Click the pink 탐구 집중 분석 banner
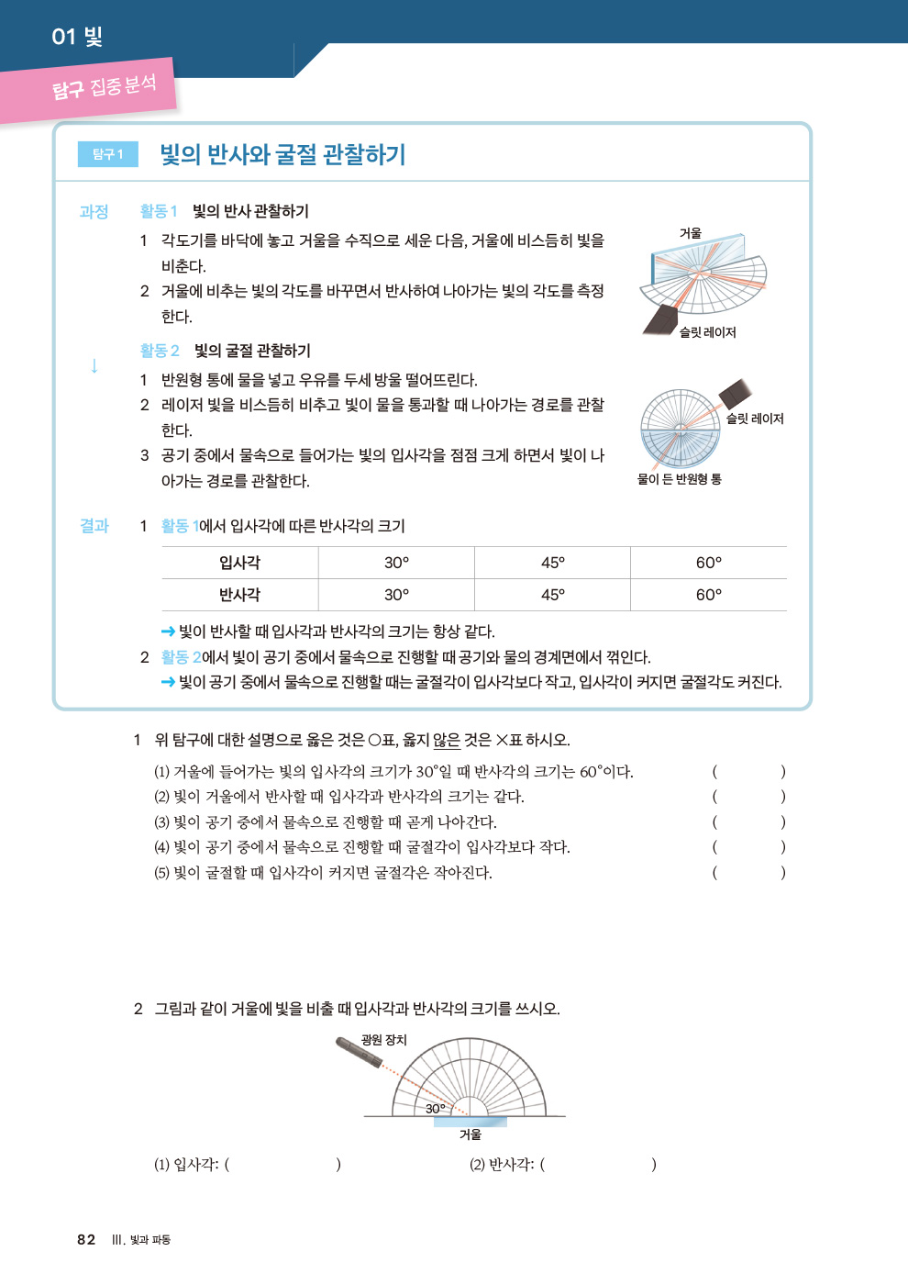coord(88,90)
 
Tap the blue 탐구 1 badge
coord(108,154)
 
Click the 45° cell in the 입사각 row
coord(552,562)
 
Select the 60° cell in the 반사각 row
coord(708,595)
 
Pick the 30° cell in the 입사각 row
coord(396,562)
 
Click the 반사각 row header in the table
coord(239,595)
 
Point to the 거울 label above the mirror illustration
coord(690,233)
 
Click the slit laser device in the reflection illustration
coord(660,320)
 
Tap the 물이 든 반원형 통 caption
coord(679,478)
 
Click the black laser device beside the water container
coord(735,394)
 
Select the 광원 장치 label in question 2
coord(383,1039)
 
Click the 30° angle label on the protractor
coord(435,1109)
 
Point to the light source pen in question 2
coord(359,1052)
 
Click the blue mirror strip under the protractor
coord(470,1122)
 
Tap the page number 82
coord(86,1239)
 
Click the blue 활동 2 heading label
coord(160,350)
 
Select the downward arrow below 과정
coord(94,365)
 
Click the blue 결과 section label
coord(94,525)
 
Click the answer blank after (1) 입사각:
coord(283,1164)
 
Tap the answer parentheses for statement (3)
coord(748,822)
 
